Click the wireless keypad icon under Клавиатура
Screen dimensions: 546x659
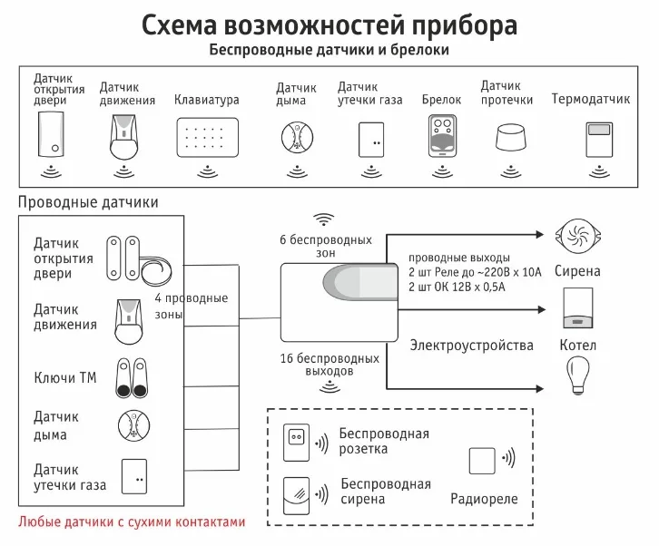pyautogui.click(x=207, y=138)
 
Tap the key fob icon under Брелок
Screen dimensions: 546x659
pyautogui.click(x=442, y=135)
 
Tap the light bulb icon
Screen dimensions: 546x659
pyautogui.click(x=578, y=374)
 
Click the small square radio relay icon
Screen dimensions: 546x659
pyautogui.click(x=483, y=461)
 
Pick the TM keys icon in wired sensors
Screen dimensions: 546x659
pyautogui.click(x=133, y=377)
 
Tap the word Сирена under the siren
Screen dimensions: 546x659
pyautogui.click(x=577, y=271)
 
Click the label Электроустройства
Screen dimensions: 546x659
pyautogui.click(x=458, y=346)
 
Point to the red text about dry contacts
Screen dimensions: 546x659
pyautogui.click(x=132, y=522)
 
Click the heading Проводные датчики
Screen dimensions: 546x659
pyautogui.click(x=87, y=201)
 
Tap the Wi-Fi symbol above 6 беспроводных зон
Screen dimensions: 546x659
pyautogui.click(x=324, y=220)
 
